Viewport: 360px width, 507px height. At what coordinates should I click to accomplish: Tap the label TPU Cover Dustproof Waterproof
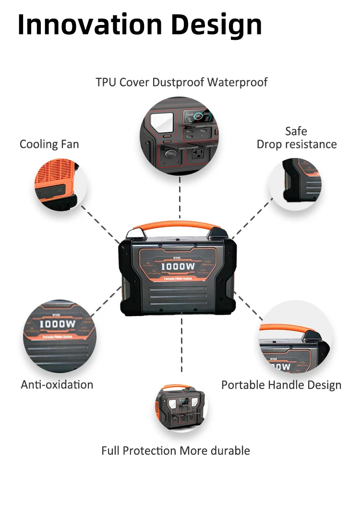[x=181, y=82]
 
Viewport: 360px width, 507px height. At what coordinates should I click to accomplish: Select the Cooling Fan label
[x=49, y=144]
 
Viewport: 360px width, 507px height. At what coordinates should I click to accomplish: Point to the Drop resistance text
[x=297, y=144]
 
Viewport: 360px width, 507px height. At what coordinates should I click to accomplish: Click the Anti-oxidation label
[x=57, y=385]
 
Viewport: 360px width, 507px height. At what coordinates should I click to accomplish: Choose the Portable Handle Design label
[x=281, y=385]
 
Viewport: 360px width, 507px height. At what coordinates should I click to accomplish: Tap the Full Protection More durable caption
[x=176, y=451]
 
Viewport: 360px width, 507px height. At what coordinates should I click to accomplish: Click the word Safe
[x=296, y=131]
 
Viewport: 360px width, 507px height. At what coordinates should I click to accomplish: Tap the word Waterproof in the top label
[x=237, y=82]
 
